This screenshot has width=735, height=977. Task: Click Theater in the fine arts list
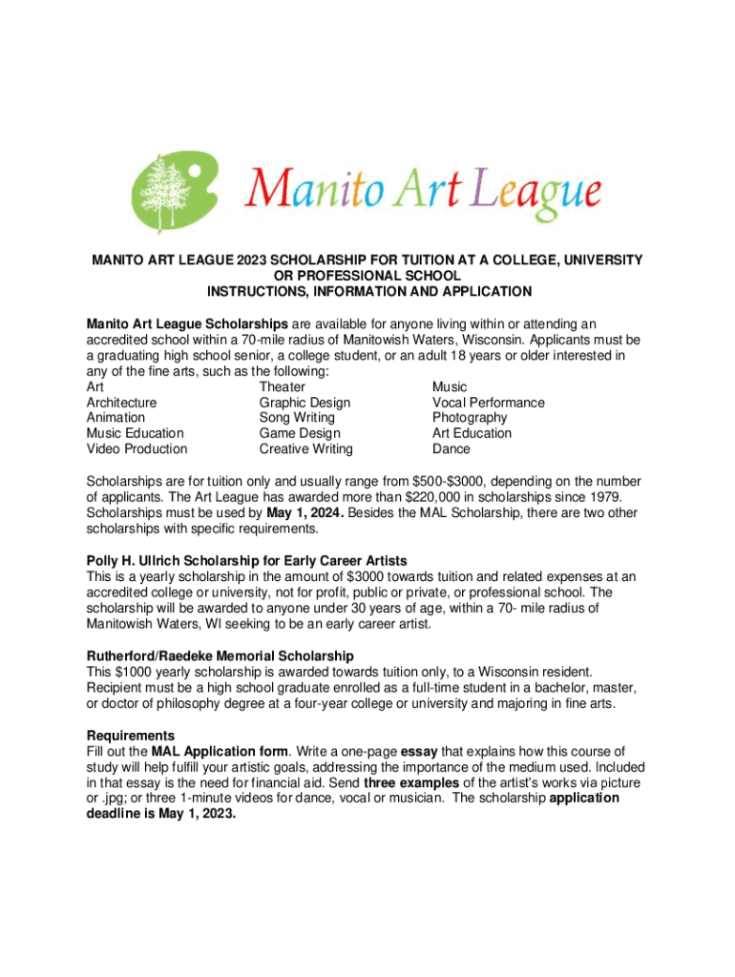pos(283,387)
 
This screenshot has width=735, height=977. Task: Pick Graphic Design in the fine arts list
pos(304,403)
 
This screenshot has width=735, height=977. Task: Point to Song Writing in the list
pos(297,418)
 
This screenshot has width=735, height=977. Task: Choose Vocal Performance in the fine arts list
pos(489,403)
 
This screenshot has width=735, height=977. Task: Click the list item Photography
pos(470,418)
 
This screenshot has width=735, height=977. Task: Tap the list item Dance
pos(451,448)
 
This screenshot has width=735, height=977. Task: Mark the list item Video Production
pos(137,448)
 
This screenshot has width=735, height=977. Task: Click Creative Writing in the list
pos(306,448)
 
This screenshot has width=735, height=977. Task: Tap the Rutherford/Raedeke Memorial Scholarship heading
pos(220,656)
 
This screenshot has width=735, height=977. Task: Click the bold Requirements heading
pos(131,736)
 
